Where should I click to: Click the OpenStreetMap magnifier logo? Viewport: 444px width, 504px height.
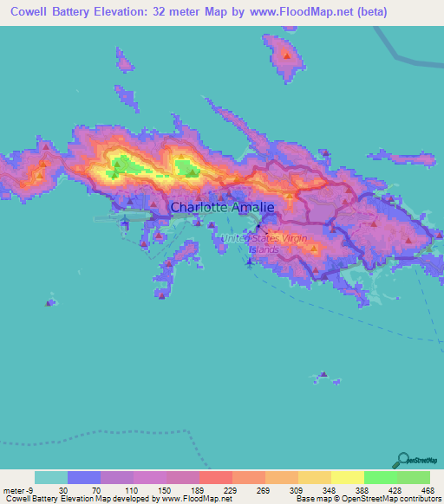pos(402,461)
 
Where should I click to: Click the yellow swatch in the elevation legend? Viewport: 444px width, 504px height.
pos(347,477)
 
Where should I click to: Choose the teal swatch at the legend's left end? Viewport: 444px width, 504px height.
pos(51,477)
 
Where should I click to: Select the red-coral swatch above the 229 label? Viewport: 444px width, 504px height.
pos(215,477)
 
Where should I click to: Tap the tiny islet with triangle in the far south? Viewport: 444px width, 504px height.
pos(323,375)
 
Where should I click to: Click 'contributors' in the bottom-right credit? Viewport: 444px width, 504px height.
pos(419,499)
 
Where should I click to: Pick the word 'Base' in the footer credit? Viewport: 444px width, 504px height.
pos(306,499)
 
